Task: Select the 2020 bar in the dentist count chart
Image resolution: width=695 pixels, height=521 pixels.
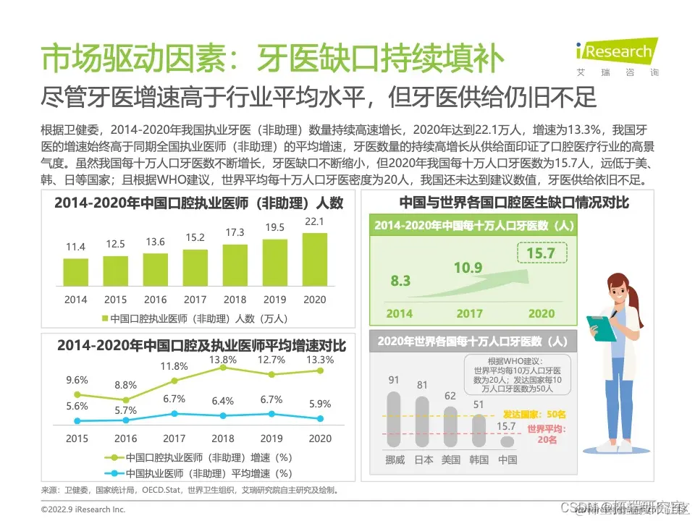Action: click(x=314, y=260)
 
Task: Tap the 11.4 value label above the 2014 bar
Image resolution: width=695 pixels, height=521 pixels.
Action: click(x=76, y=247)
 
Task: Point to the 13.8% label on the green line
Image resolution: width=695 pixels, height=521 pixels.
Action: click(x=223, y=359)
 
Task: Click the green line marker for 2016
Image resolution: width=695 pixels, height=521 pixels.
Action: click(x=126, y=399)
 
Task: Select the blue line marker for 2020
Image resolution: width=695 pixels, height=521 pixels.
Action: click(x=320, y=418)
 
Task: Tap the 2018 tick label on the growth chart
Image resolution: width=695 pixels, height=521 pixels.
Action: click(x=223, y=439)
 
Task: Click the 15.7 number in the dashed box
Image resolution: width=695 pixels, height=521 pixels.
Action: click(x=541, y=253)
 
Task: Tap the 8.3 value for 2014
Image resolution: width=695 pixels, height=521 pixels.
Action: click(x=400, y=281)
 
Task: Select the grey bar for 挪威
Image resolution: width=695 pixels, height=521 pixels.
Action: click(x=394, y=419)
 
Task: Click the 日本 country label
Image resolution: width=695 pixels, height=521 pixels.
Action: click(x=424, y=459)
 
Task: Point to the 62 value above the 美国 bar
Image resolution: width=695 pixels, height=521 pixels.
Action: click(x=450, y=396)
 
